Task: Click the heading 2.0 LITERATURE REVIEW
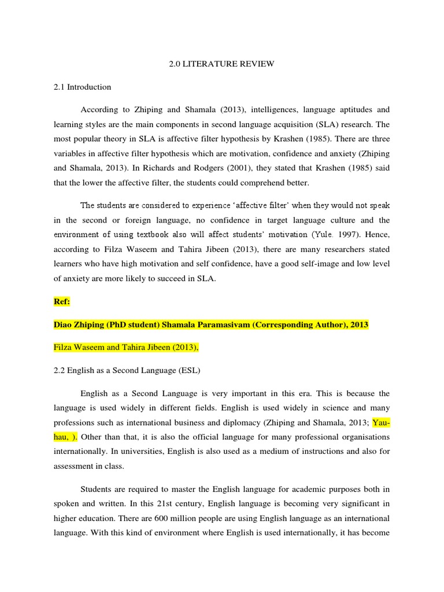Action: coord(221,64)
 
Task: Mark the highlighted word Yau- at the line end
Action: coord(381,421)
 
